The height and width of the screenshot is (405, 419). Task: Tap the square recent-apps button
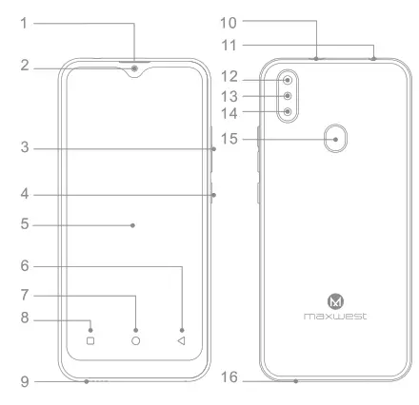tap(90, 339)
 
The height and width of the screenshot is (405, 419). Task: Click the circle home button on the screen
tap(135, 339)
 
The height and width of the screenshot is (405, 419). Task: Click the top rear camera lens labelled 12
tap(287, 79)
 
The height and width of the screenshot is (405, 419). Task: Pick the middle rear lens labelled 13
tap(287, 95)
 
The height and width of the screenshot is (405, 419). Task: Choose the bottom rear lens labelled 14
tap(287, 111)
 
